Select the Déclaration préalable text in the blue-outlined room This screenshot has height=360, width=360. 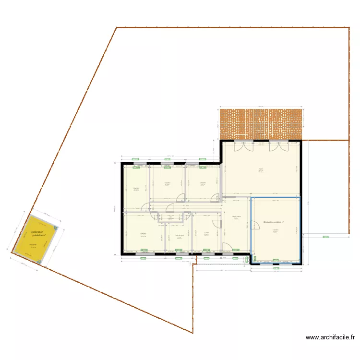[x=273, y=222]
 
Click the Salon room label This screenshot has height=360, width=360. [x=261, y=169]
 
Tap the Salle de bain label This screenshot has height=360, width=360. [x=179, y=236]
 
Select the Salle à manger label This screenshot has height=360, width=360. [x=236, y=217]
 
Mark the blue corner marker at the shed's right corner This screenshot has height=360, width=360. [x=56, y=228]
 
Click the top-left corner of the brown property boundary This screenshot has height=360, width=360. [x=117, y=27]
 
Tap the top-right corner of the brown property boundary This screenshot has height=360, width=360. [x=349, y=27]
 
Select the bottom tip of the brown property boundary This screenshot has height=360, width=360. [x=192, y=333]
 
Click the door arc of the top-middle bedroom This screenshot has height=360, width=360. [x=181, y=197]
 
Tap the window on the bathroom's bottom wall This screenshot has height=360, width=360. [x=179, y=251]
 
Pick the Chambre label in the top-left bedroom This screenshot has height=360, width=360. [x=136, y=188]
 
